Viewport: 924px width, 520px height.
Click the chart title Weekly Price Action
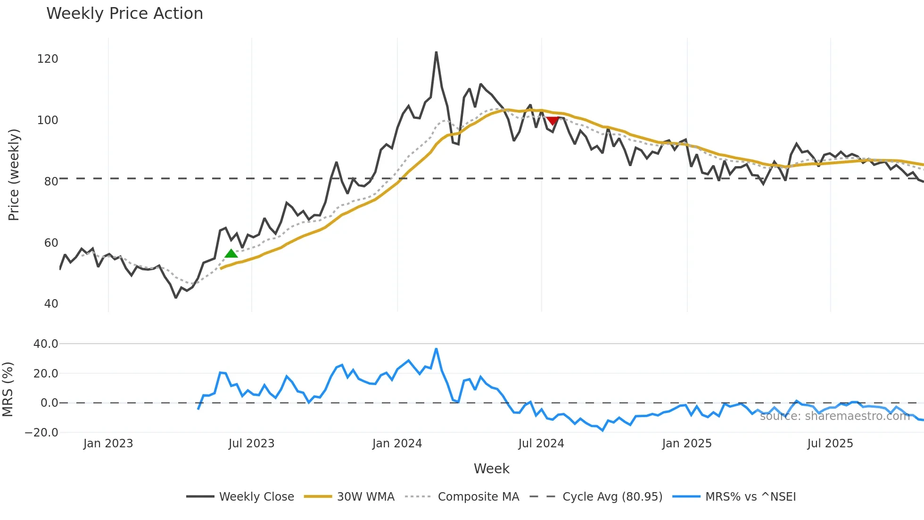[x=124, y=14]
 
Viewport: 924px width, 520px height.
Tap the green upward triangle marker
[x=231, y=254]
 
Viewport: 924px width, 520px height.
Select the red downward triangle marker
[x=553, y=121]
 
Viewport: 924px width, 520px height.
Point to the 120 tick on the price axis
[x=48, y=59]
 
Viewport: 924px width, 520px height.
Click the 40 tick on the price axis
[x=51, y=304]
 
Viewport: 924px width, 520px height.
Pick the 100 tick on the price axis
[x=48, y=120]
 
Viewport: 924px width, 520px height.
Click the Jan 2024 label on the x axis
[x=397, y=444]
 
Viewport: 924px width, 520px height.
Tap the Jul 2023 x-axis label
[x=251, y=444]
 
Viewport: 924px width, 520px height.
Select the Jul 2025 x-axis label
[x=830, y=444]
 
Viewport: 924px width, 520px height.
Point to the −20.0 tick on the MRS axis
[x=41, y=433]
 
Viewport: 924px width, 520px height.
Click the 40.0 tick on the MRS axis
[x=46, y=344]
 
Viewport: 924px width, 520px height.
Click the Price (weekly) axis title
[x=14, y=175]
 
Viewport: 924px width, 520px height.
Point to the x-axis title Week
[x=491, y=469]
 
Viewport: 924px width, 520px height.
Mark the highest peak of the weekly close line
[x=436, y=52]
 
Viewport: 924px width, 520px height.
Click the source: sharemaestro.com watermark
[x=834, y=416]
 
